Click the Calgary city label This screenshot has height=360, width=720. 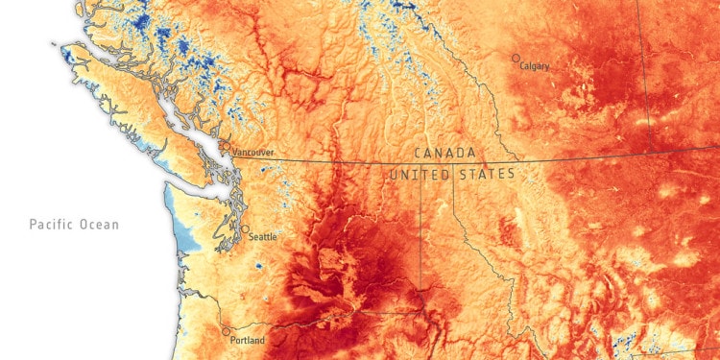click(535, 66)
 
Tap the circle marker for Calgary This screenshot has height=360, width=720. click(516, 59)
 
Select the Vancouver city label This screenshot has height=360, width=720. click(253, 152)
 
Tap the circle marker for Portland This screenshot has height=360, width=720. click(227, 332)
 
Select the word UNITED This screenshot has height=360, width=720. click(419, 175)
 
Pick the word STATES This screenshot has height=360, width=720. click(486, 175)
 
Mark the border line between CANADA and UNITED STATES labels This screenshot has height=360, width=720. click(451, 163)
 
